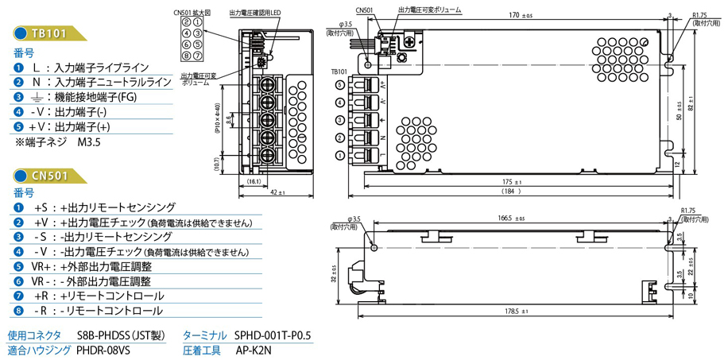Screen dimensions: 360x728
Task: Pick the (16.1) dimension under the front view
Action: point(253,182)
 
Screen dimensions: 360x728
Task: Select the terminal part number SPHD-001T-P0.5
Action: point(273,335)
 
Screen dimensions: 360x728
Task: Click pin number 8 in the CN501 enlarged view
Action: point(198,56)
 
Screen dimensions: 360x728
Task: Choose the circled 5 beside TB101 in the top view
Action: point(340,83)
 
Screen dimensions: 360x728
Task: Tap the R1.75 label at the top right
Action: point(699,15)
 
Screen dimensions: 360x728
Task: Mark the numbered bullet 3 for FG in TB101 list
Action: point(18,97)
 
